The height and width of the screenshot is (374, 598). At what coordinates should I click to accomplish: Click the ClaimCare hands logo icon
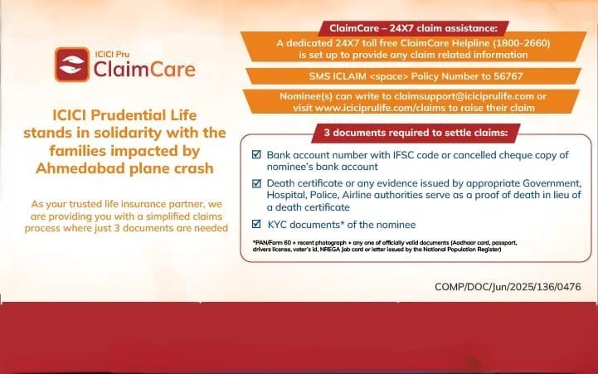click(72, 65)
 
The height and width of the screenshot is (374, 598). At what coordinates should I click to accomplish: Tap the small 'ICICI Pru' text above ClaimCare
click(112, 54)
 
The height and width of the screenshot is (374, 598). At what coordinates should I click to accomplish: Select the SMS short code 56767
click(508, 76)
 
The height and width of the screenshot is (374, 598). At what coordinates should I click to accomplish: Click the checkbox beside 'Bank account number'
click(256, 154)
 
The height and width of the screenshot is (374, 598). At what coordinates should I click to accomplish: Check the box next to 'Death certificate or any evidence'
click(256, 183)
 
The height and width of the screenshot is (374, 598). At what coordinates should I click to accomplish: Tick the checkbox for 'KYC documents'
click(256, 224)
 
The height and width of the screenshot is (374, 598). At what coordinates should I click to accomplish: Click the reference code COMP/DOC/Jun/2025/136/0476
click(508, 287)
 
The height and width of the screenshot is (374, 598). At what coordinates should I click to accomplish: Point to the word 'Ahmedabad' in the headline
click(80, 168)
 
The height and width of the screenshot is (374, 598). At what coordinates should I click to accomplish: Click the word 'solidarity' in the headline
click(128, 133)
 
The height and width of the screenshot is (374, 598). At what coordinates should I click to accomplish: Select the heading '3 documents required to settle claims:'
click(416, 133)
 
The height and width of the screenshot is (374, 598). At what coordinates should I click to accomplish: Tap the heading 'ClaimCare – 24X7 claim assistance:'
click(413, 28)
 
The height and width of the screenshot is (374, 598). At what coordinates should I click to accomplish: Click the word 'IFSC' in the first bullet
click(403, 155)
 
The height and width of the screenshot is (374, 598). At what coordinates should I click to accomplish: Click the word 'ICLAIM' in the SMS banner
click(350, 76)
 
